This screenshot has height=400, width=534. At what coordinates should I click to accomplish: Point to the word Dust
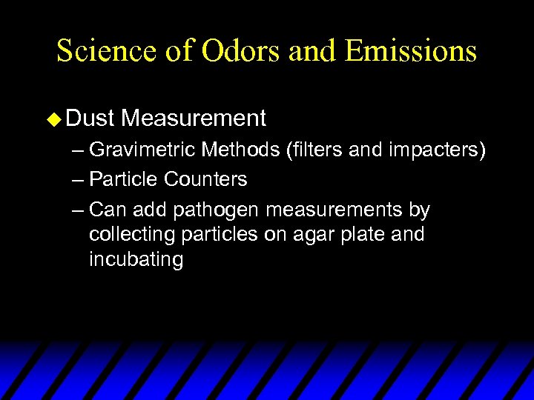(89, 118)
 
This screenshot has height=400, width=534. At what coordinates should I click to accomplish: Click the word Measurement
(194, 118)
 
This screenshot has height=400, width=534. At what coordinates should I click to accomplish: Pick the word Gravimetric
(140, 151)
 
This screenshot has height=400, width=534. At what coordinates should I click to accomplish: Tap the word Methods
(242, 150)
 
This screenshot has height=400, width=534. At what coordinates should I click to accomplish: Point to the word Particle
(124, 179)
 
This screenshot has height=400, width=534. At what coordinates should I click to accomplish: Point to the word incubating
(136, 261)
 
